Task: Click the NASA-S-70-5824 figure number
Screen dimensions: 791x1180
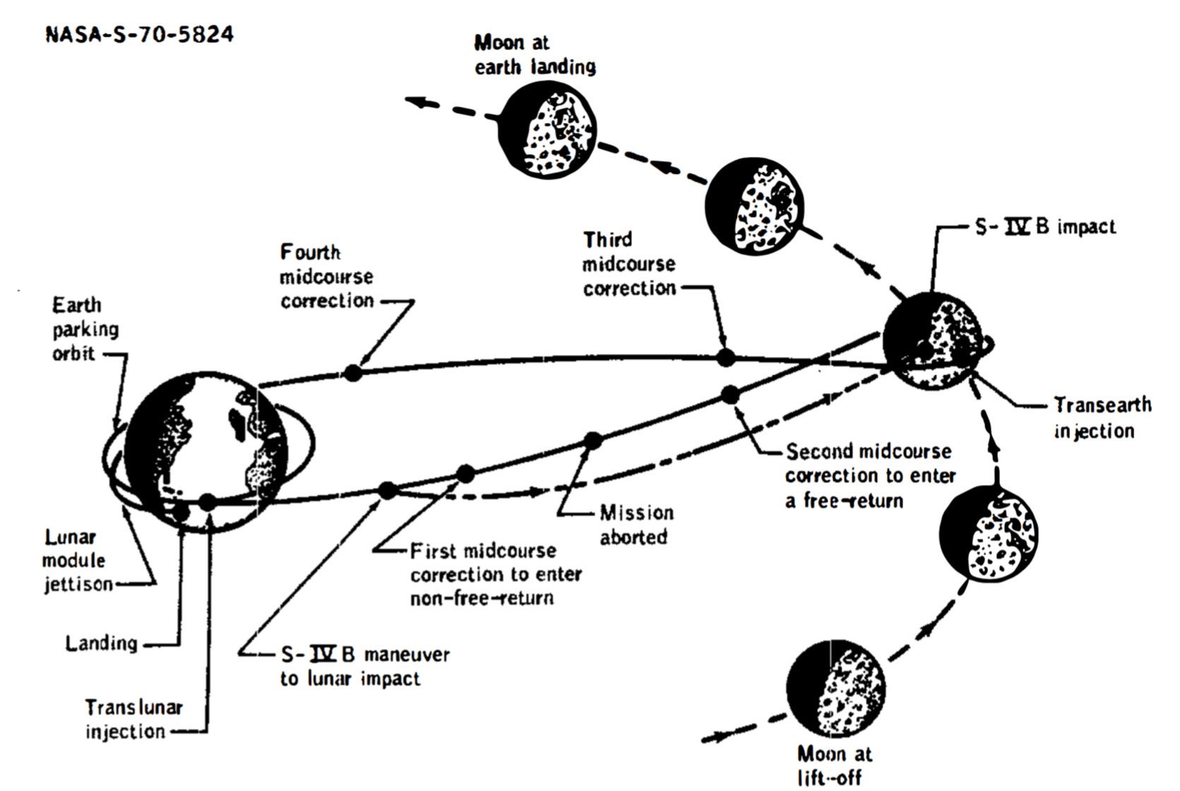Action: point(139,34)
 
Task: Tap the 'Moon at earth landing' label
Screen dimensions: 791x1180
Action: point(535,55)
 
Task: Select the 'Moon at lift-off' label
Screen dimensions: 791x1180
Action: point(833,765)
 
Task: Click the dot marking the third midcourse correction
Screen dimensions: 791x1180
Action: point(725,358)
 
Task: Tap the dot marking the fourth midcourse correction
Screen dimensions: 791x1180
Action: point(353,372)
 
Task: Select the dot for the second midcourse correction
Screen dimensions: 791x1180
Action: point(730,394)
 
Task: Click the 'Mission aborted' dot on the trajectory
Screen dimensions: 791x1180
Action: point(593,441)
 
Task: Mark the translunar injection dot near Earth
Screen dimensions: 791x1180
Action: point(207,502)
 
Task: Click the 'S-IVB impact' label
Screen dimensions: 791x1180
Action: point(1044,227)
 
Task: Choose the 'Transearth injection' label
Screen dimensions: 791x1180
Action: point(1101,418)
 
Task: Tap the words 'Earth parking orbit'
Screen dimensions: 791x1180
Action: point(85,329)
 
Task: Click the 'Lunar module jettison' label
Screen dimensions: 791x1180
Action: point(76,561)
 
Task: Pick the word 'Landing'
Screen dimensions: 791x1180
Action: point(101,643)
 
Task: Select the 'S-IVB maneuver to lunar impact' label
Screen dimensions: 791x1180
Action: point(364,666)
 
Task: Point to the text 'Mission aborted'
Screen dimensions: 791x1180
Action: point(636,525)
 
